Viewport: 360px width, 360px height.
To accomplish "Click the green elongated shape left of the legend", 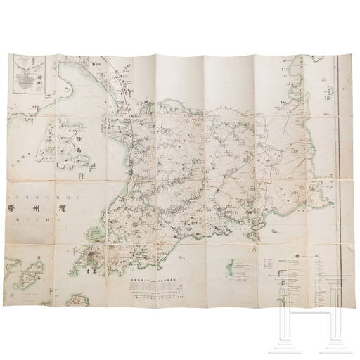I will tap(230, 269).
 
